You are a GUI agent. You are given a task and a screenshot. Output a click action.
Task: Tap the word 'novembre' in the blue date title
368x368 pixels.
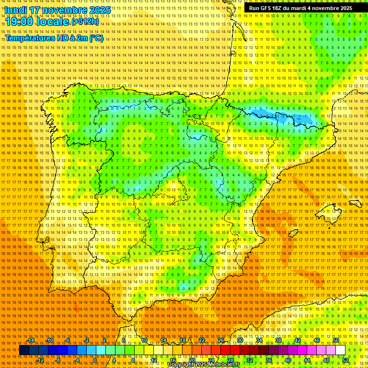tap(65, 10)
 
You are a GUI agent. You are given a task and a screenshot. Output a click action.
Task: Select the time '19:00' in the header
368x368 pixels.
tap(21, 22)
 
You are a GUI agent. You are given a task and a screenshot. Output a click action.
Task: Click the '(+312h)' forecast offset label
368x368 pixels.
tap(85, 22)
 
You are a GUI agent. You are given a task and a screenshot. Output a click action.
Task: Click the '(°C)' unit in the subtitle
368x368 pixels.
tap(96, 38)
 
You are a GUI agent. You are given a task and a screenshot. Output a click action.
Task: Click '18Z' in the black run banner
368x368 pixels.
tap(280, 8)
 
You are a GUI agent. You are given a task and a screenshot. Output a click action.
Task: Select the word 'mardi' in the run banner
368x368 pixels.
tap(307, 8)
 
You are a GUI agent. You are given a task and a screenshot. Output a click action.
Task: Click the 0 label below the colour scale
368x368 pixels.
tap(95, 360)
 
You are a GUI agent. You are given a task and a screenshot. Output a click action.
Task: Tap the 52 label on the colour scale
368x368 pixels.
tap(345, 360)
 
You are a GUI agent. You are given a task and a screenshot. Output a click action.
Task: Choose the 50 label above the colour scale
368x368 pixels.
tap(336, 340)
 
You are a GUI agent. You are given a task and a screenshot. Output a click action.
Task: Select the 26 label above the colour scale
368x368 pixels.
tap(221, 340)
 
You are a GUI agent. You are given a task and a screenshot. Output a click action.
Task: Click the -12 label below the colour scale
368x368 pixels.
tap(40, 360)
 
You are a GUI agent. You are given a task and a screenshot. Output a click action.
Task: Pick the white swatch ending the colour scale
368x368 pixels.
tap(340, 350)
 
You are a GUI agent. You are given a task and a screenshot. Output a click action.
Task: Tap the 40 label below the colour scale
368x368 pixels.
tap(287, 360)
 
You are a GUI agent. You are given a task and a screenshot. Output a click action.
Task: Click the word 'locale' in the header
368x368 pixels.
tap(54, 22)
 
